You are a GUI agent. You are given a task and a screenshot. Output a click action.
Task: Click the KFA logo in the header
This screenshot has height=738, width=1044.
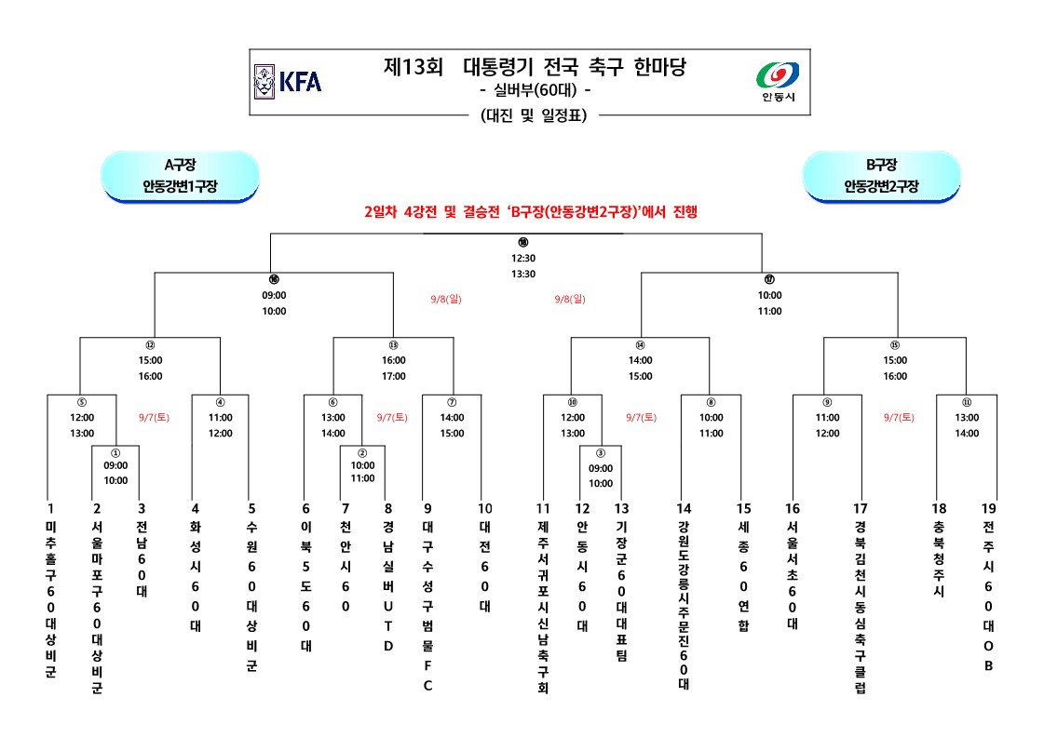(x=288, y=81)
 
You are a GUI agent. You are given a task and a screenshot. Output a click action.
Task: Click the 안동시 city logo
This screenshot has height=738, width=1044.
(x=778, y=81)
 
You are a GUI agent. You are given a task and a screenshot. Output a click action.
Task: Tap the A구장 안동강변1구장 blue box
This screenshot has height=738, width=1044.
(x=180, y=176)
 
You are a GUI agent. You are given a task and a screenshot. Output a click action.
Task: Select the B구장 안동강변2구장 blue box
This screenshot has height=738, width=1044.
(x=881, y=176)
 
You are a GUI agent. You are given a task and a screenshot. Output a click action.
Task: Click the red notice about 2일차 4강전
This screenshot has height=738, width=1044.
(x=531, y=212)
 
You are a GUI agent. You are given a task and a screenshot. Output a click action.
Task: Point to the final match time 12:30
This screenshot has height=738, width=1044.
(x=522, y=259)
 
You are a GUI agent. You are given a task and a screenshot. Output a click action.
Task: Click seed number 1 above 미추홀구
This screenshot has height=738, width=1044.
(x=50, y=509)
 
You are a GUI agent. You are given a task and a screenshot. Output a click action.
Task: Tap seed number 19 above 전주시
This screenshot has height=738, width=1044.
(x=988, y=509)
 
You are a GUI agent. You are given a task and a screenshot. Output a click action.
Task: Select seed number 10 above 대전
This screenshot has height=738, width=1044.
(x=484, y=509)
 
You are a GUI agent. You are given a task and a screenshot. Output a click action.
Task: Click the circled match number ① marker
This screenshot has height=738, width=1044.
(x=115, y=452)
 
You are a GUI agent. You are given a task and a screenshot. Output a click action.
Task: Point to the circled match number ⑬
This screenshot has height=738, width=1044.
(x=393, y=344)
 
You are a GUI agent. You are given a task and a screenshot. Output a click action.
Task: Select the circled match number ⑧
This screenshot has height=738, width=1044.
(x=711, y=403)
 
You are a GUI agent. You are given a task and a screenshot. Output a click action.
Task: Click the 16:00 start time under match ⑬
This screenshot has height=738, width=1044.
(x=393, y=360)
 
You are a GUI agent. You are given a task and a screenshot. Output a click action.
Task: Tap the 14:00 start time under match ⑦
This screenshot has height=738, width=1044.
(x=452, y=418)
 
